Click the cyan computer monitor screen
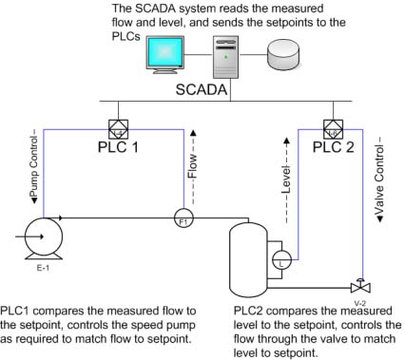(164, 52)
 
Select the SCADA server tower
(226, 57)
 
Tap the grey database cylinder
(283, 54)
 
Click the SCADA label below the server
(202, 89)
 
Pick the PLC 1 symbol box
(118, 129)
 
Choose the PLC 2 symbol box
(333, 129)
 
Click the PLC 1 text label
(118, 147)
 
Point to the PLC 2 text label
(333, 147)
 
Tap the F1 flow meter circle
(183, 218)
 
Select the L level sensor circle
(281, 259)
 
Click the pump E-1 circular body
(44, 237)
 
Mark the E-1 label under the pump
(43, 268)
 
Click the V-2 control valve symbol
(360, 286)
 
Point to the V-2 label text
(360, 303)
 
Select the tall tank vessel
(248, 259)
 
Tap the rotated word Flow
(193, 166)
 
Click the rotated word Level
(286, 180)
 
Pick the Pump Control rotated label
(33, 166)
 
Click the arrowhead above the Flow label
(193, 133)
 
